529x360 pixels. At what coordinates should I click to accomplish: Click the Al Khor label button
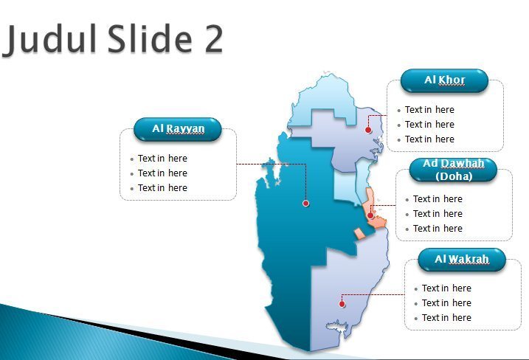(x=444, y=80)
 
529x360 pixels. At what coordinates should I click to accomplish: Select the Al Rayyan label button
(x=178, y=129)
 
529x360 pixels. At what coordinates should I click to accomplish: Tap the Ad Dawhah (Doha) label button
(x=453, y=170)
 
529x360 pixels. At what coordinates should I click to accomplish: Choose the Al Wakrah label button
(x=462, y=260)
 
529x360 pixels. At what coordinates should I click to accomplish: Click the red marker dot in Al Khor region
(x=368, y=130)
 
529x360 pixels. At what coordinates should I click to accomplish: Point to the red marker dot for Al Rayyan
(x=305, y=203)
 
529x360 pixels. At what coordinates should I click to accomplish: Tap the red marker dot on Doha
(x=370, y=215)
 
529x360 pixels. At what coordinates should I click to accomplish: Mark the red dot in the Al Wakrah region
(x=342, y=304)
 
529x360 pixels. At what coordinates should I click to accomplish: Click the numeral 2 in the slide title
(x=213, y=39)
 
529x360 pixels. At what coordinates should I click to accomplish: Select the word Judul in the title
(x=49, y=39)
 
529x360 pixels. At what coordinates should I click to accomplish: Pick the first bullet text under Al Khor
(x=429, y=110)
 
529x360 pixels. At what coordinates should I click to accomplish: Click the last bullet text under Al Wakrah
(x=446, y=317)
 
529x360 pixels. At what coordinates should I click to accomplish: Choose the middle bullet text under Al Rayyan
(x=162, y=173)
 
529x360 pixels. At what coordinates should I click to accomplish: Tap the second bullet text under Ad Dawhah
(x=438, y=214)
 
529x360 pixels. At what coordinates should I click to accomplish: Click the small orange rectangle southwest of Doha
(x=359, y=234)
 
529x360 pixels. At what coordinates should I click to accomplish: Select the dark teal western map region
(x=290, y=236)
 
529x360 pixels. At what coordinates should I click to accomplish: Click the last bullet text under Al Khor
(x=429, y=139)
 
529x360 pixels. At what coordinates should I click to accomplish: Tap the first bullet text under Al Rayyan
(x=162, y=159)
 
